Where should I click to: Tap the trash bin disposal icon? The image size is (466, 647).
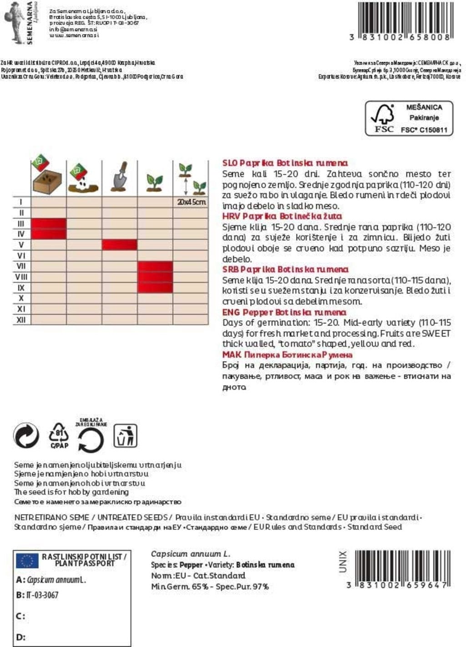(x=125, y=436)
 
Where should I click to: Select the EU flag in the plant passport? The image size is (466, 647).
(x=27, y=560)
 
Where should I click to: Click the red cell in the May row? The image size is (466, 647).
(x=119, y=245)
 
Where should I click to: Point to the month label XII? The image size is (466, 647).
(x=21, y=320)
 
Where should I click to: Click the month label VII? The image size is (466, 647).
(x=21, y=266)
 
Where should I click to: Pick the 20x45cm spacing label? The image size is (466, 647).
(x=191, y=202)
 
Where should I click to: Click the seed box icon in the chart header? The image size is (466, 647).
(x=47, y=176)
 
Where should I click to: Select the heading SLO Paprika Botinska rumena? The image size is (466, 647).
(x=285, y=163)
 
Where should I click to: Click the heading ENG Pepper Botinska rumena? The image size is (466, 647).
(x=284, y=312)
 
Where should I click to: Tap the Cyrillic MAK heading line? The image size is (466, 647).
(x=287, y=355)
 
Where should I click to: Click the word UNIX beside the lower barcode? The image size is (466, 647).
(x=343, y=561)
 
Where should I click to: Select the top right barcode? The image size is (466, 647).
(x=405, y=18)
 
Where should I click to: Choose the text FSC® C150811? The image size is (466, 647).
(x=424, y=130)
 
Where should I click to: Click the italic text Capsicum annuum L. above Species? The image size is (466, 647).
(x=190, y=554)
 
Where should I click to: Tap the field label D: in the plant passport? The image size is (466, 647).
(x=20, y=637)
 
